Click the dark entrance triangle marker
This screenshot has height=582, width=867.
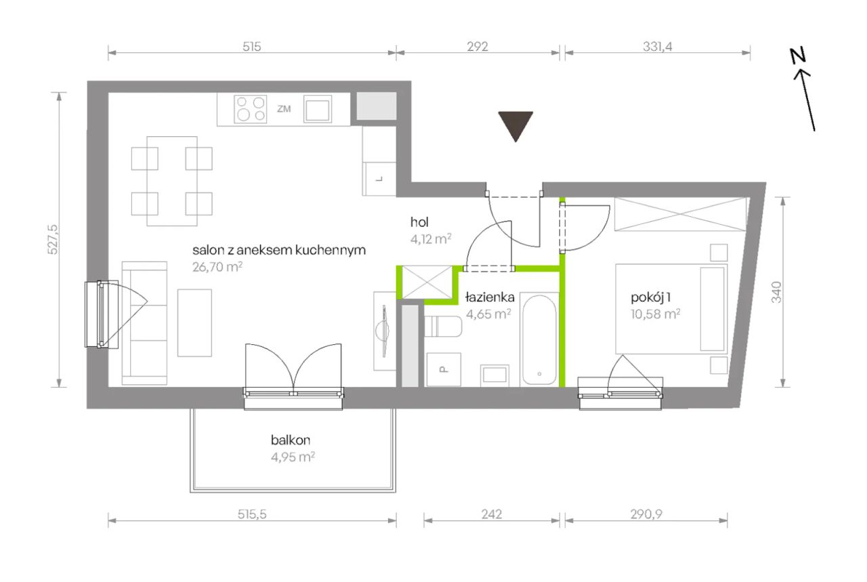coord(515,125)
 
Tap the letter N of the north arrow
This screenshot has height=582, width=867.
coord(798,55)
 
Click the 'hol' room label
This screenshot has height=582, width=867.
coord(419,222)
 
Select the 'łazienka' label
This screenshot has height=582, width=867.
coord(490,297)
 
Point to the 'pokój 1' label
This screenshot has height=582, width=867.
coord(651,297)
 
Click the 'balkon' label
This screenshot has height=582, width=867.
coord(291,440)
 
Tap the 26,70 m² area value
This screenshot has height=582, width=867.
coord(217,267)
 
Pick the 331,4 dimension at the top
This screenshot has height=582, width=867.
coord(658,47)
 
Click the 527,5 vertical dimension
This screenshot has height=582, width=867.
coord(53,239)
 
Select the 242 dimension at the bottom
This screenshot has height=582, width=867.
coord(492,514)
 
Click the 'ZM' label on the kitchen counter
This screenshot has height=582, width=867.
coord(284,109)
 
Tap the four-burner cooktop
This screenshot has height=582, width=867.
coord(251,109)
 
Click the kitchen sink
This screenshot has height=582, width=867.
coord(318,109)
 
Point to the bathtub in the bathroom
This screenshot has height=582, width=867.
coord(539,339)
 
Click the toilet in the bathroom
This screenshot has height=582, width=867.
coord(443,327)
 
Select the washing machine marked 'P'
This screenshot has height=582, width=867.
coord(444,369)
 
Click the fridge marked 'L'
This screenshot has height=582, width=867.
coord(379,179)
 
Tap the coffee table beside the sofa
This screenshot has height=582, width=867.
coord(194,323)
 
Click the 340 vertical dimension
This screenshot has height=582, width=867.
coord(776,292)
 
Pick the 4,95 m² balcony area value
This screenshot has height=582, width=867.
coord(293,457)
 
